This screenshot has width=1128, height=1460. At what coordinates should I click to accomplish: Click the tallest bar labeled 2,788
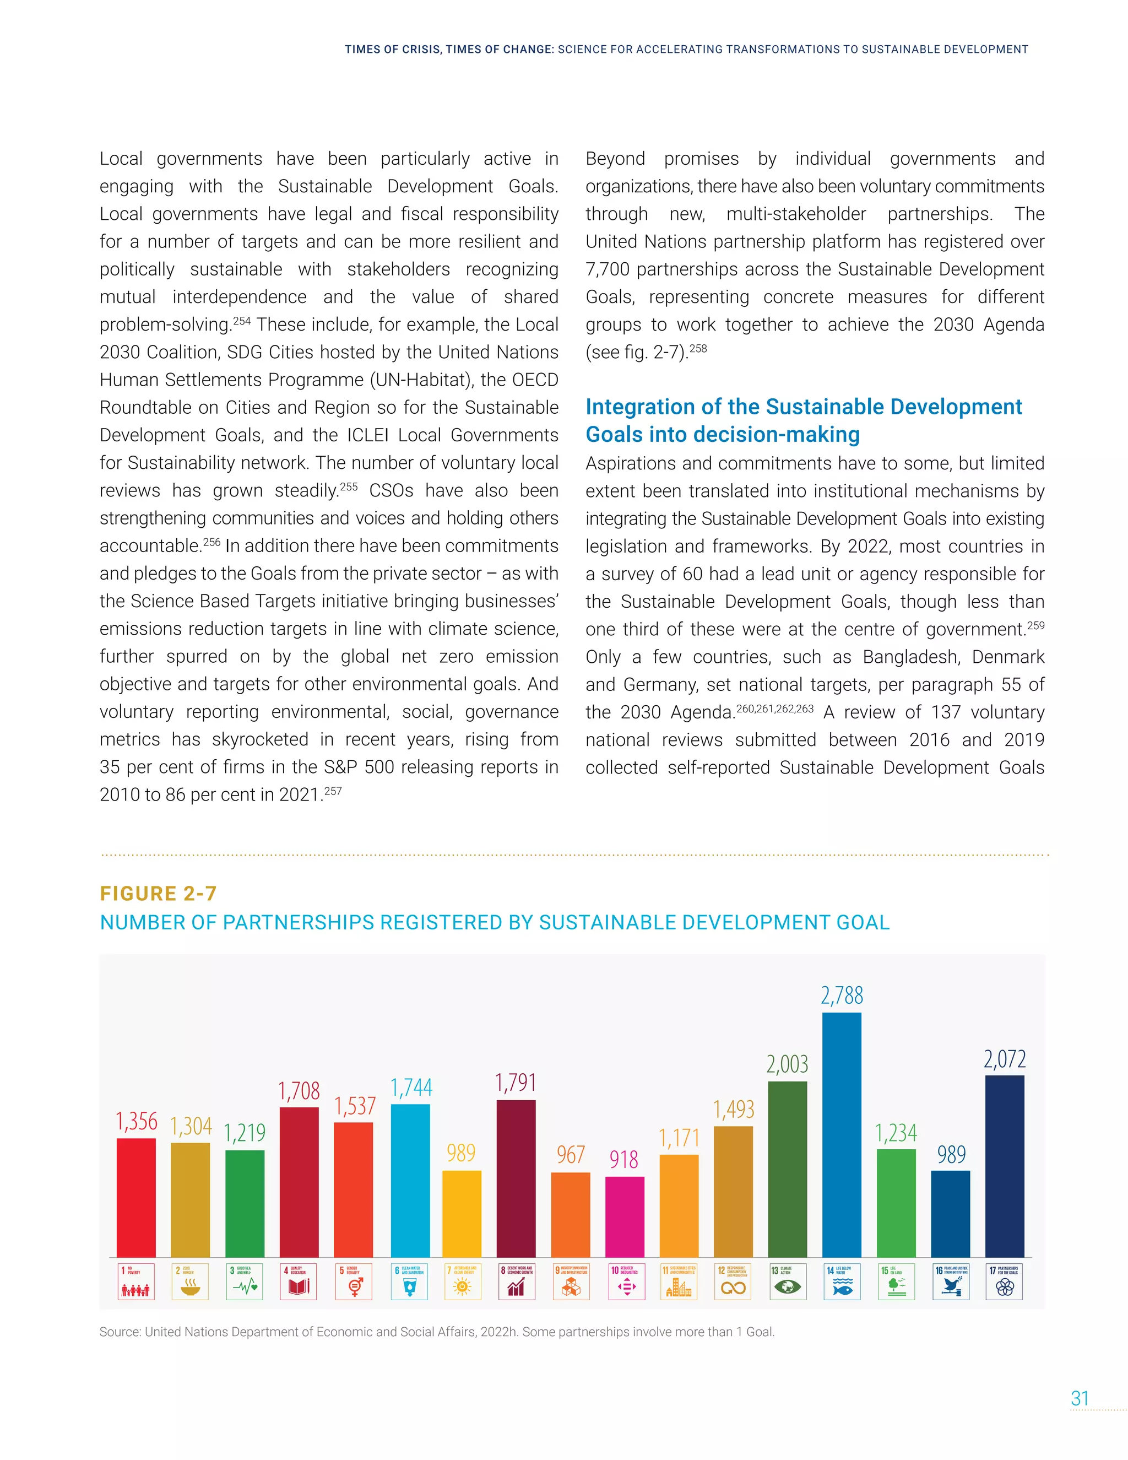842,1135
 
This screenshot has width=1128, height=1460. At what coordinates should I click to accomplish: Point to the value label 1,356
137,1121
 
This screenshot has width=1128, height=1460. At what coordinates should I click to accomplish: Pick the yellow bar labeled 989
462,1213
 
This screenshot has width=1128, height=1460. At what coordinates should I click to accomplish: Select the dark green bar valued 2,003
787,1169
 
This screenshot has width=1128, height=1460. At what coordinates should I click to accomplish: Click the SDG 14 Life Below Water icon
842,1281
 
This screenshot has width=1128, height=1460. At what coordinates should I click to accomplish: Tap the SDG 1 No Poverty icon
137,1281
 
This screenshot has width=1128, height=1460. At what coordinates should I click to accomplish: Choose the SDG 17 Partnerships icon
1005,1281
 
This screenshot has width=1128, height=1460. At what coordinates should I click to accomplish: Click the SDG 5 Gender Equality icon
354,1281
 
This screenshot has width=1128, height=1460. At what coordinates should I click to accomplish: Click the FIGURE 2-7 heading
159,894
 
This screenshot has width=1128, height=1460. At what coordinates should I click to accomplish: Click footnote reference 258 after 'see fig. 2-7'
698,348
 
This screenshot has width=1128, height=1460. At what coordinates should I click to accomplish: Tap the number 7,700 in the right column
608,269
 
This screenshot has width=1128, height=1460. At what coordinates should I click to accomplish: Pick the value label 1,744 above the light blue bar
411,1088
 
